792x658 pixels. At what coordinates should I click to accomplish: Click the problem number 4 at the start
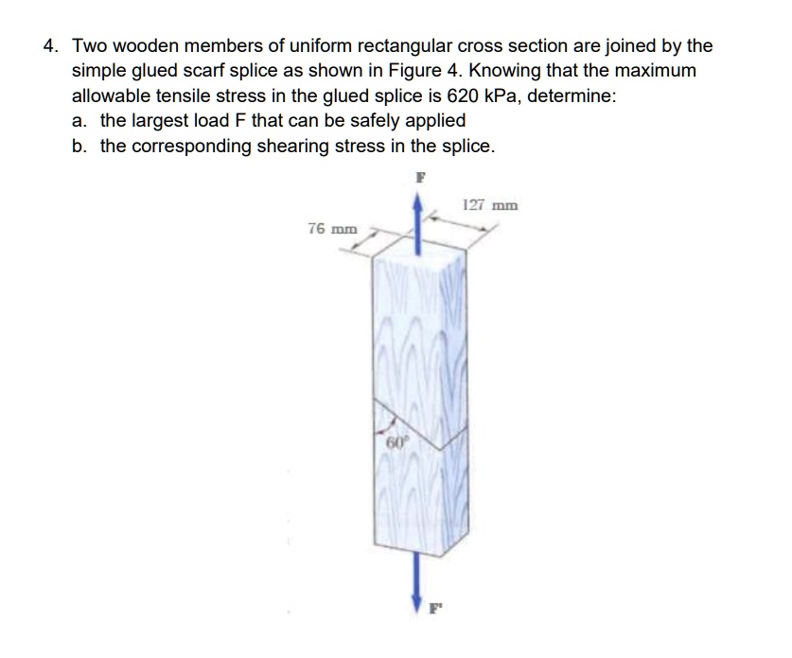click(51, 45)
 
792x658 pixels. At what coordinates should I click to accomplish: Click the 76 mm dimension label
click(333, 228)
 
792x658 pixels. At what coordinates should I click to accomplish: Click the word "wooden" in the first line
click(151, 45)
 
